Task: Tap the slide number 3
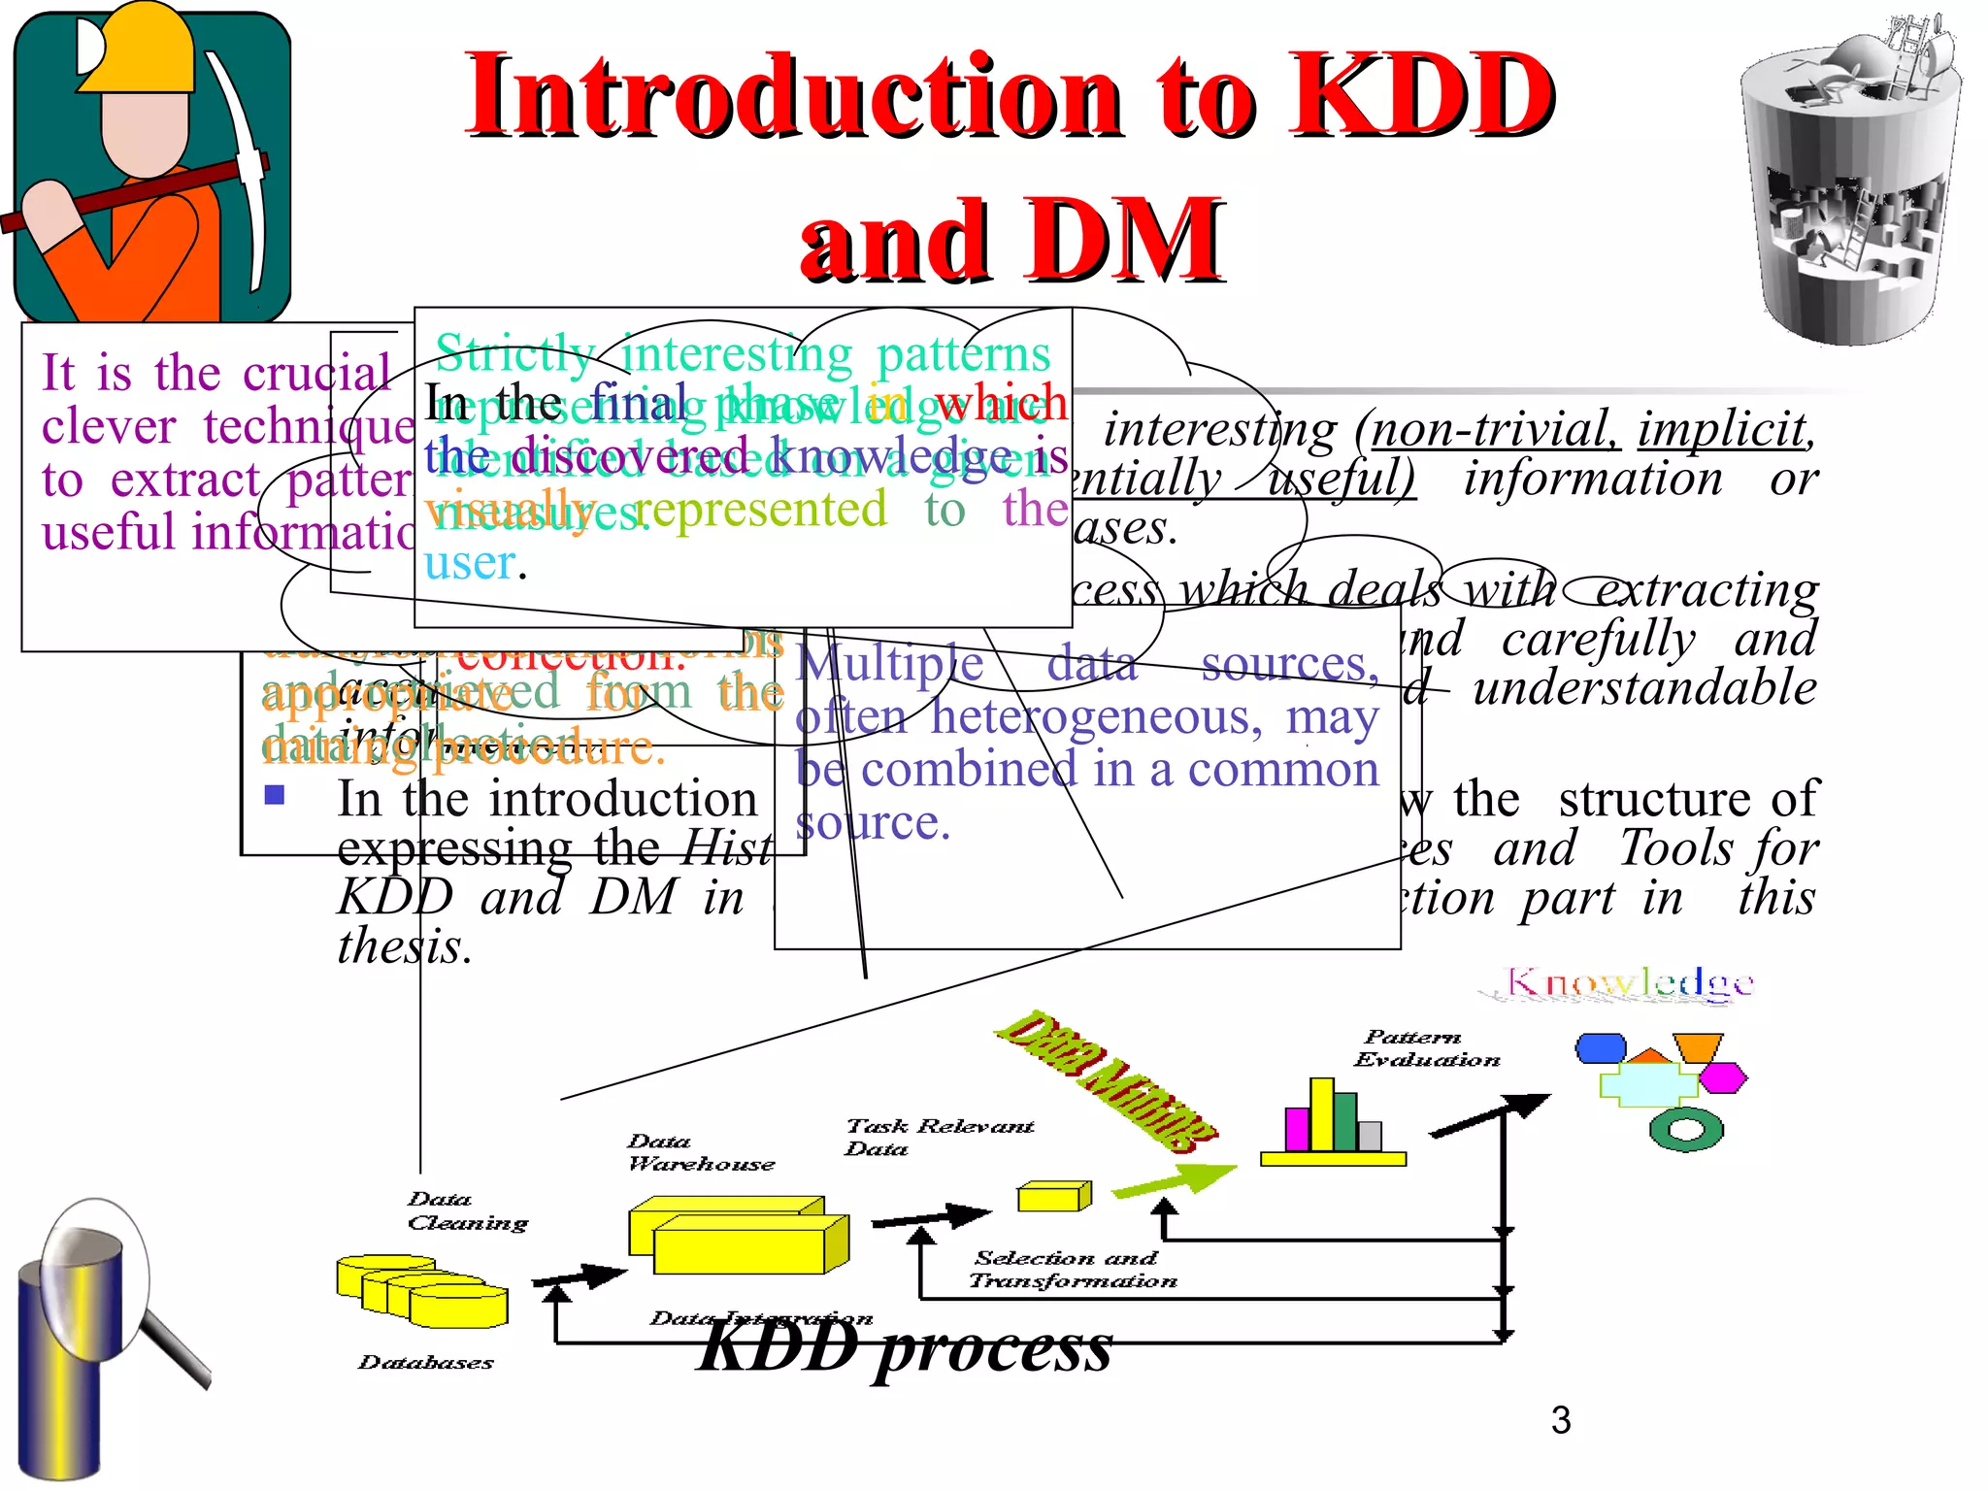click(1561, 1420)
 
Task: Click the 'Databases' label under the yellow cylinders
click(425, 1363)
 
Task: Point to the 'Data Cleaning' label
click(467, 1211)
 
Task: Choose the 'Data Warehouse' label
click(700, 1152)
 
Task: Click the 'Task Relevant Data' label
click(938, 1137)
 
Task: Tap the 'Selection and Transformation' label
click(1072, 1270)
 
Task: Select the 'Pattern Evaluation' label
click(1426, 1048)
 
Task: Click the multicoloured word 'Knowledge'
click(1628, 982)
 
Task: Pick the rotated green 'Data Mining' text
click(1107, 1079)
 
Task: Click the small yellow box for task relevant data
click(1053, 1196)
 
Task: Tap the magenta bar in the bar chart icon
click(1297, 1129)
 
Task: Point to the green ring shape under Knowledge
click(1686, 1129)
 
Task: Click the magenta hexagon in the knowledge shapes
click(1723, 1077)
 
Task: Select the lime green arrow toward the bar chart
click(1175, 1181)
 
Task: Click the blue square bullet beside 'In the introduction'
click(275, 795)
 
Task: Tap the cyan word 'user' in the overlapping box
click(469, 562)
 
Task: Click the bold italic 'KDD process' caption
click(905, 1347)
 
